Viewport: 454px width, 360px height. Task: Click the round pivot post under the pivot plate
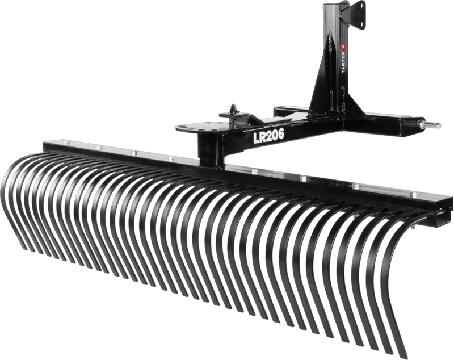pos(210,150)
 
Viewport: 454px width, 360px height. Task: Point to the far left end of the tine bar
pos(47,143)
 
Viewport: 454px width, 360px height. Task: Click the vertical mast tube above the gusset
pos(332,34)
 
